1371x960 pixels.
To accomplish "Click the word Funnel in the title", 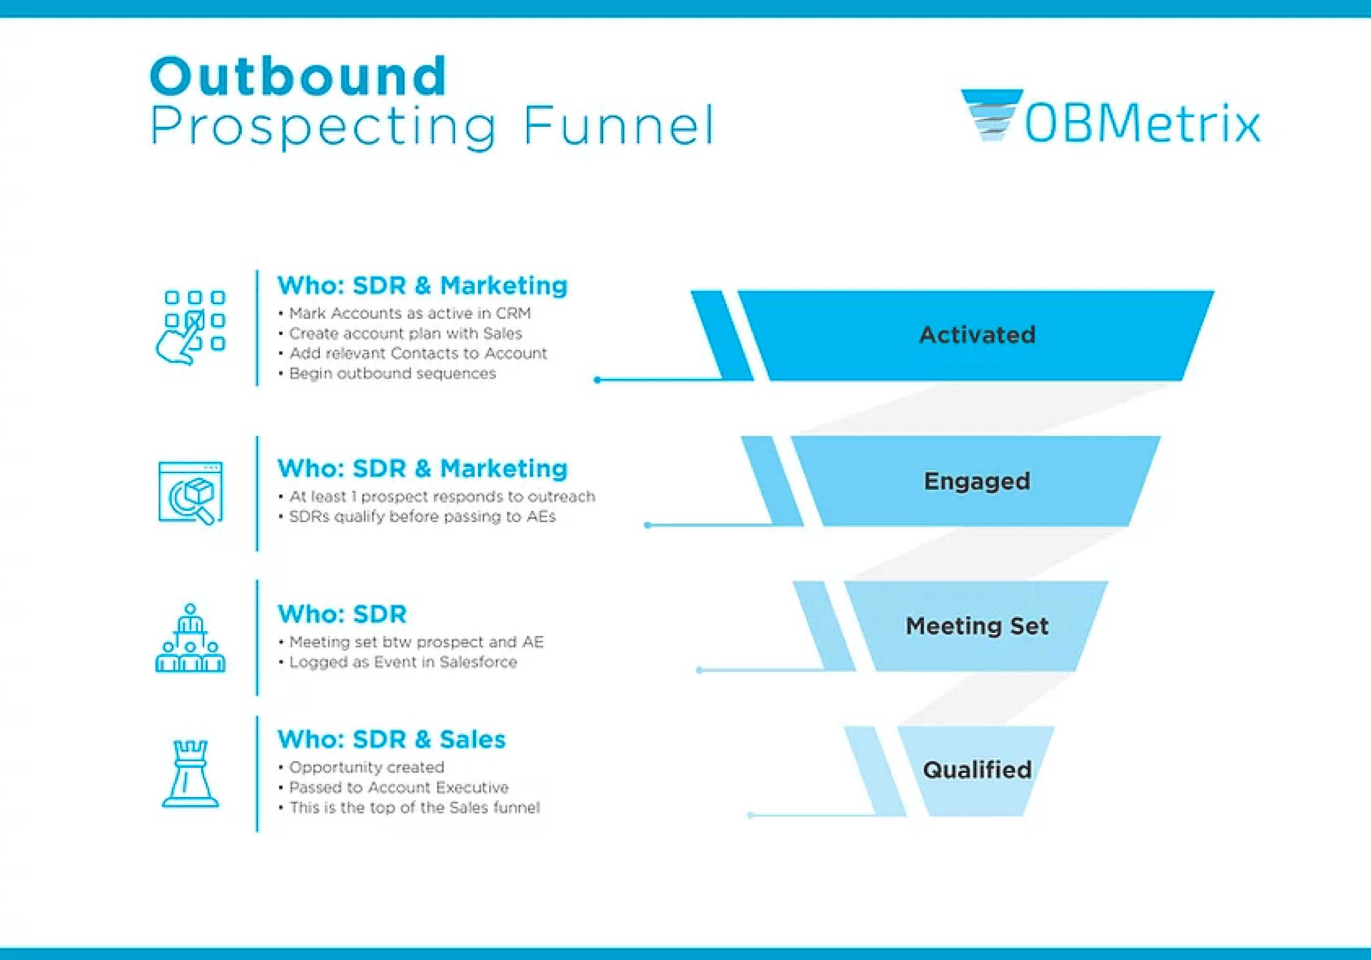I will (618, 125).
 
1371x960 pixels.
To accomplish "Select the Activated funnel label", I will (977, 335).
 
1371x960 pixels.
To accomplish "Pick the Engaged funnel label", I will (977, 481).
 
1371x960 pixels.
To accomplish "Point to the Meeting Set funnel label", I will (977, 626).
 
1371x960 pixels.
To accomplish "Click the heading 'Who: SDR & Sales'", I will (392, 740).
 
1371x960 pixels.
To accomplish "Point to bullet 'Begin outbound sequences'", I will (393, 374).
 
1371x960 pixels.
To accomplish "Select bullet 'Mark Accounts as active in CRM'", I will (409, 314).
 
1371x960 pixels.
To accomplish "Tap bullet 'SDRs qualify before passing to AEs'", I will (422, 517).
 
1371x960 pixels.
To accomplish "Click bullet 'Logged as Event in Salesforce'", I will (403, 662).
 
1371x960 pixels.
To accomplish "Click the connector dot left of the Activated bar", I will (597, 380).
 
